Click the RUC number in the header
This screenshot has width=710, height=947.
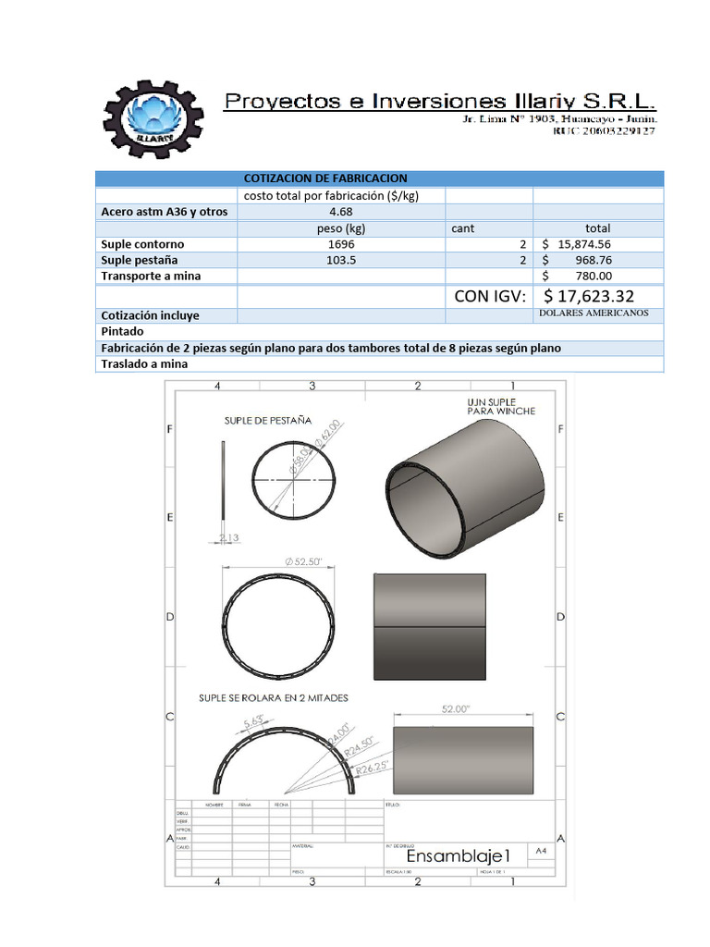pos(605,133)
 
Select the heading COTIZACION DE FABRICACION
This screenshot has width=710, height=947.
pos(324,178)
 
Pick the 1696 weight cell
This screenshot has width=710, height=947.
pos(341,244)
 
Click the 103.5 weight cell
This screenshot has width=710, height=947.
pos(341,260)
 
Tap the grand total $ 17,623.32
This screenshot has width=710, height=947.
pos(588,296)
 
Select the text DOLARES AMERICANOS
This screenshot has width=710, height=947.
pos(594,314)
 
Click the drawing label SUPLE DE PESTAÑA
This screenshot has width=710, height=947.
pos(268,420)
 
